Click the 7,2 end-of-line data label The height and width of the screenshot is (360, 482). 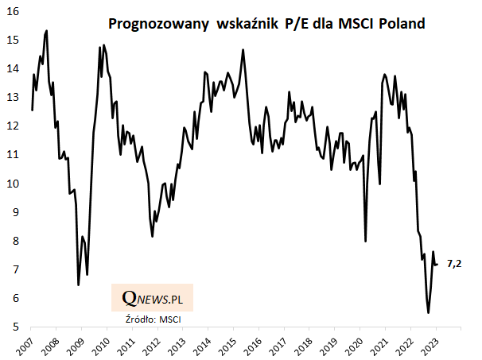tap(454, 263)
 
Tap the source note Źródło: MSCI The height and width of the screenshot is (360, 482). tap(153, 319)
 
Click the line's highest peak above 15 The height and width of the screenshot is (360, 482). tap(47, 30)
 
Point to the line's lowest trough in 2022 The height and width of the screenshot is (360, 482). tap(428, 313)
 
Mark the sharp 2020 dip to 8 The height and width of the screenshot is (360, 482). tap(365, 241)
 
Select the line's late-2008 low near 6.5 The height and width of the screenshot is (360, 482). tap(78, 285)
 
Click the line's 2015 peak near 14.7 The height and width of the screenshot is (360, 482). tap(243, 50)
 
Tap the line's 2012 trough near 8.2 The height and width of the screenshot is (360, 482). tap(152, 236)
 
